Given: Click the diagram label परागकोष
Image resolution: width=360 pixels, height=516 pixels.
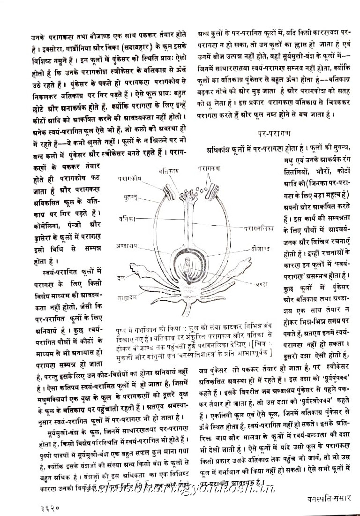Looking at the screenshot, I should click(x=129, y=179).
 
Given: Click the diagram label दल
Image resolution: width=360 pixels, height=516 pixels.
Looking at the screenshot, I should click(x=121, y=279).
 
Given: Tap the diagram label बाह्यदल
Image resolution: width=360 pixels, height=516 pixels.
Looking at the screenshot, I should click(x=127, y=297).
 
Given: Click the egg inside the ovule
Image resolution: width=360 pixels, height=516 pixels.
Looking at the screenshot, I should click(x=188, y=268).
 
